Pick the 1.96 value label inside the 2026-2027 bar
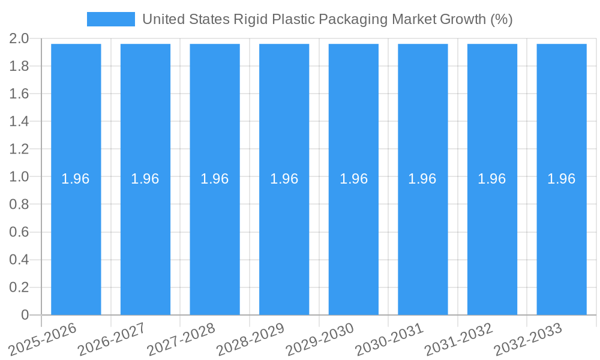pyautogui.click(x=145, y=179)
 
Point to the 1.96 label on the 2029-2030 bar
pyautogui.click(x=353, y=179)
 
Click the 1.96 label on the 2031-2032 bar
pyautogui.click(x=492, y=179)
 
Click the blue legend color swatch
pyautogui.click(x=111, y=19)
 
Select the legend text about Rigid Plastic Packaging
pyautogui.click(x=327, y=19)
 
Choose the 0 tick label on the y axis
pyautogui.click(x=25, y=315)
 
